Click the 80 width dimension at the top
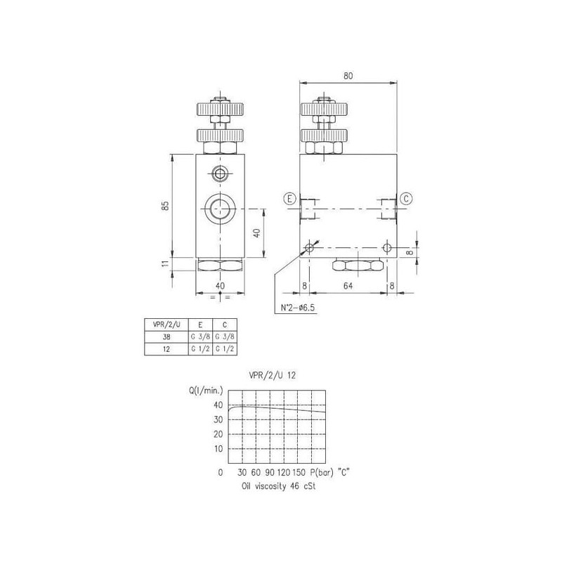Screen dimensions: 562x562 (348, 76)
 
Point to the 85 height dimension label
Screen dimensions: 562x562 (165, 206)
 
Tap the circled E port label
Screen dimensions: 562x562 (289, 199)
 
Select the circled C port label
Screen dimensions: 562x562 (406, 198)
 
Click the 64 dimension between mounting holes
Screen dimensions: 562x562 (348, 286)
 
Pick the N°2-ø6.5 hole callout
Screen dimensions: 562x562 (297, 308)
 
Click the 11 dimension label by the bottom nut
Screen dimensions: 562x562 (165, 263)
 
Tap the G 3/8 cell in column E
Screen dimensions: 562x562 (200, 337)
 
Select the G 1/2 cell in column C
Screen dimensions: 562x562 (225, 349)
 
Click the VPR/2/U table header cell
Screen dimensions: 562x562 (166, 325)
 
